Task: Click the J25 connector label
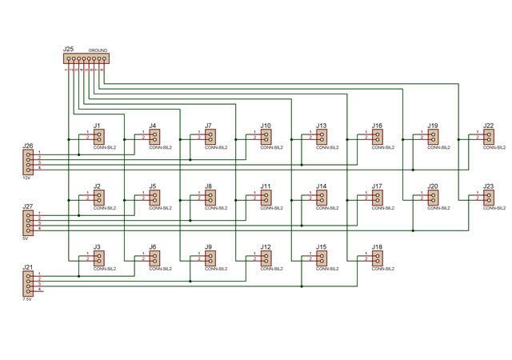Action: click(x=68, y=50)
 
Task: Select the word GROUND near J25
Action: click(x=98, y=50)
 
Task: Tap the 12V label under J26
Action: click(x=26, y=178)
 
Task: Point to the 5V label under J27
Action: click(x=26, y=238)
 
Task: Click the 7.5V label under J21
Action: click(x=27, y=298)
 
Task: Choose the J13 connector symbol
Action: click(x=322, y=138)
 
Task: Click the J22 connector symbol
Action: click(x=489, y=138)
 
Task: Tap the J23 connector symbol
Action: click(x=489, y=198)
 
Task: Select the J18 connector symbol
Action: click(x=378, y=258)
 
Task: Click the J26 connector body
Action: click(x=29, y=162)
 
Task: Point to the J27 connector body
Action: click(x=29, y=222)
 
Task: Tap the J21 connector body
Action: click(x=29, y=282)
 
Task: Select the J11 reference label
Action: click(x=266, y=186)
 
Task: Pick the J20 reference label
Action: click(x=433, y=186)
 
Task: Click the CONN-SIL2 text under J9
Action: click(x=216, y=269)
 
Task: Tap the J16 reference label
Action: click(x=377, y=126)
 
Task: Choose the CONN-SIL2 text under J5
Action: click(x=160, y=208)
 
